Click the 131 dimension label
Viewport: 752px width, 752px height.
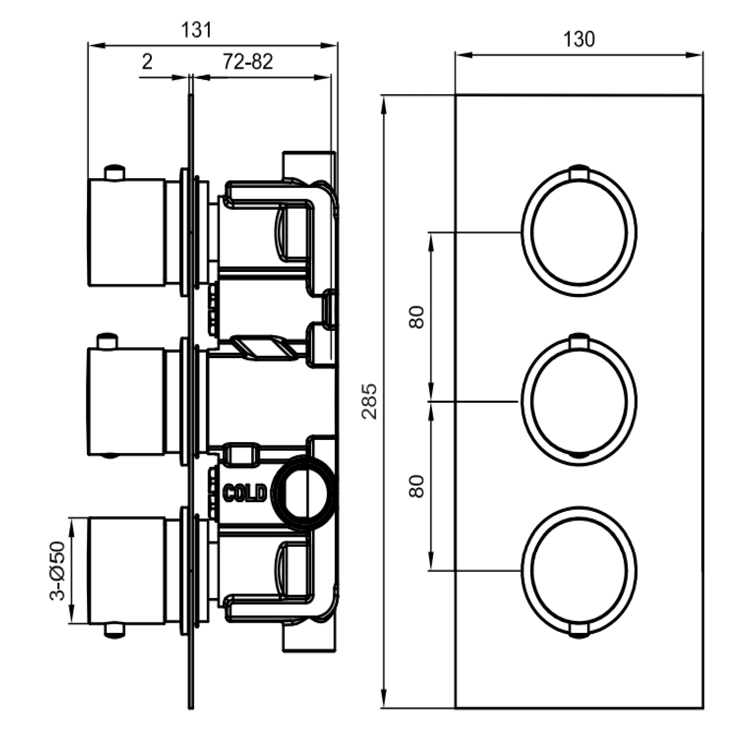[x=197, y=30]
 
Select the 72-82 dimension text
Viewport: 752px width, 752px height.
[x=248, y=61]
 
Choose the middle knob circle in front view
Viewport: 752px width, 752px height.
[x=579, y=401]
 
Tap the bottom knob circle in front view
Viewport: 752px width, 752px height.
[x=579, y=571]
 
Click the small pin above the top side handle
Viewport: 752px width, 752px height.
[x=115, y=172]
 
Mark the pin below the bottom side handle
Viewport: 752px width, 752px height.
[x=115, y=631]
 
